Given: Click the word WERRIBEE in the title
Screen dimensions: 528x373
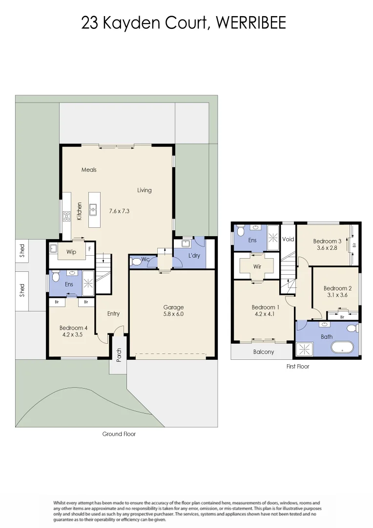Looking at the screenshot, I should tap(250, 23).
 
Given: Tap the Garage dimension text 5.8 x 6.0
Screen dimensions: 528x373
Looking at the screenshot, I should tap(173, 314).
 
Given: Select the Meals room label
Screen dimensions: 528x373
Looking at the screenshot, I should tap(89, 170).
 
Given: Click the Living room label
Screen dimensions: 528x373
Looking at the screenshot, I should tap(144, 190).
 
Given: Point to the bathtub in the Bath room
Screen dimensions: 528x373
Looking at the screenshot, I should tap(342, 348).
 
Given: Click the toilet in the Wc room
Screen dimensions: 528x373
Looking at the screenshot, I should tap(137, 262).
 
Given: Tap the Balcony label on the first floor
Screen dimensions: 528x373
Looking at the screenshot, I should tap(264, 352).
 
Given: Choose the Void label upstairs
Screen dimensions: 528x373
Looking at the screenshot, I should tap(288, 240).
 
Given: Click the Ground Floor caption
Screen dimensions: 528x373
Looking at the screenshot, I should tap(119, 434).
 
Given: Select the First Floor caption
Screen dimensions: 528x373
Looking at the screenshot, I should tap(297, 366).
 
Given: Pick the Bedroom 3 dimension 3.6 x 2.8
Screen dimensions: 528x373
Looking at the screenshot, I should tap(327, 248).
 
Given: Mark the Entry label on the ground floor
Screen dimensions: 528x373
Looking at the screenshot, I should tap(113, 314).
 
